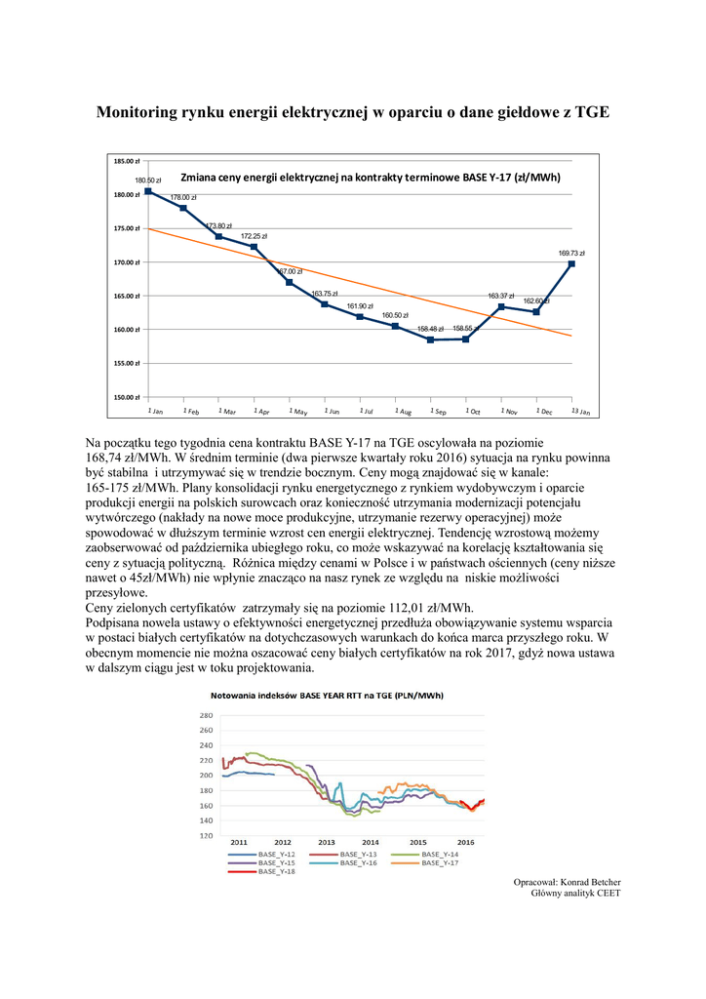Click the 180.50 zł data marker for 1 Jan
147,191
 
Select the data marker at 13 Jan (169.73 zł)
571,263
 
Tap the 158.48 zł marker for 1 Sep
430,340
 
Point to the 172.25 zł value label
254,236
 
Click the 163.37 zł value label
500,296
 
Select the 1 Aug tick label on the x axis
404,413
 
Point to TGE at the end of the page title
592,112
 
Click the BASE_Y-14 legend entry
439,854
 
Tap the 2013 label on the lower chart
327,841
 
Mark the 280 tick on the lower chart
206,715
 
